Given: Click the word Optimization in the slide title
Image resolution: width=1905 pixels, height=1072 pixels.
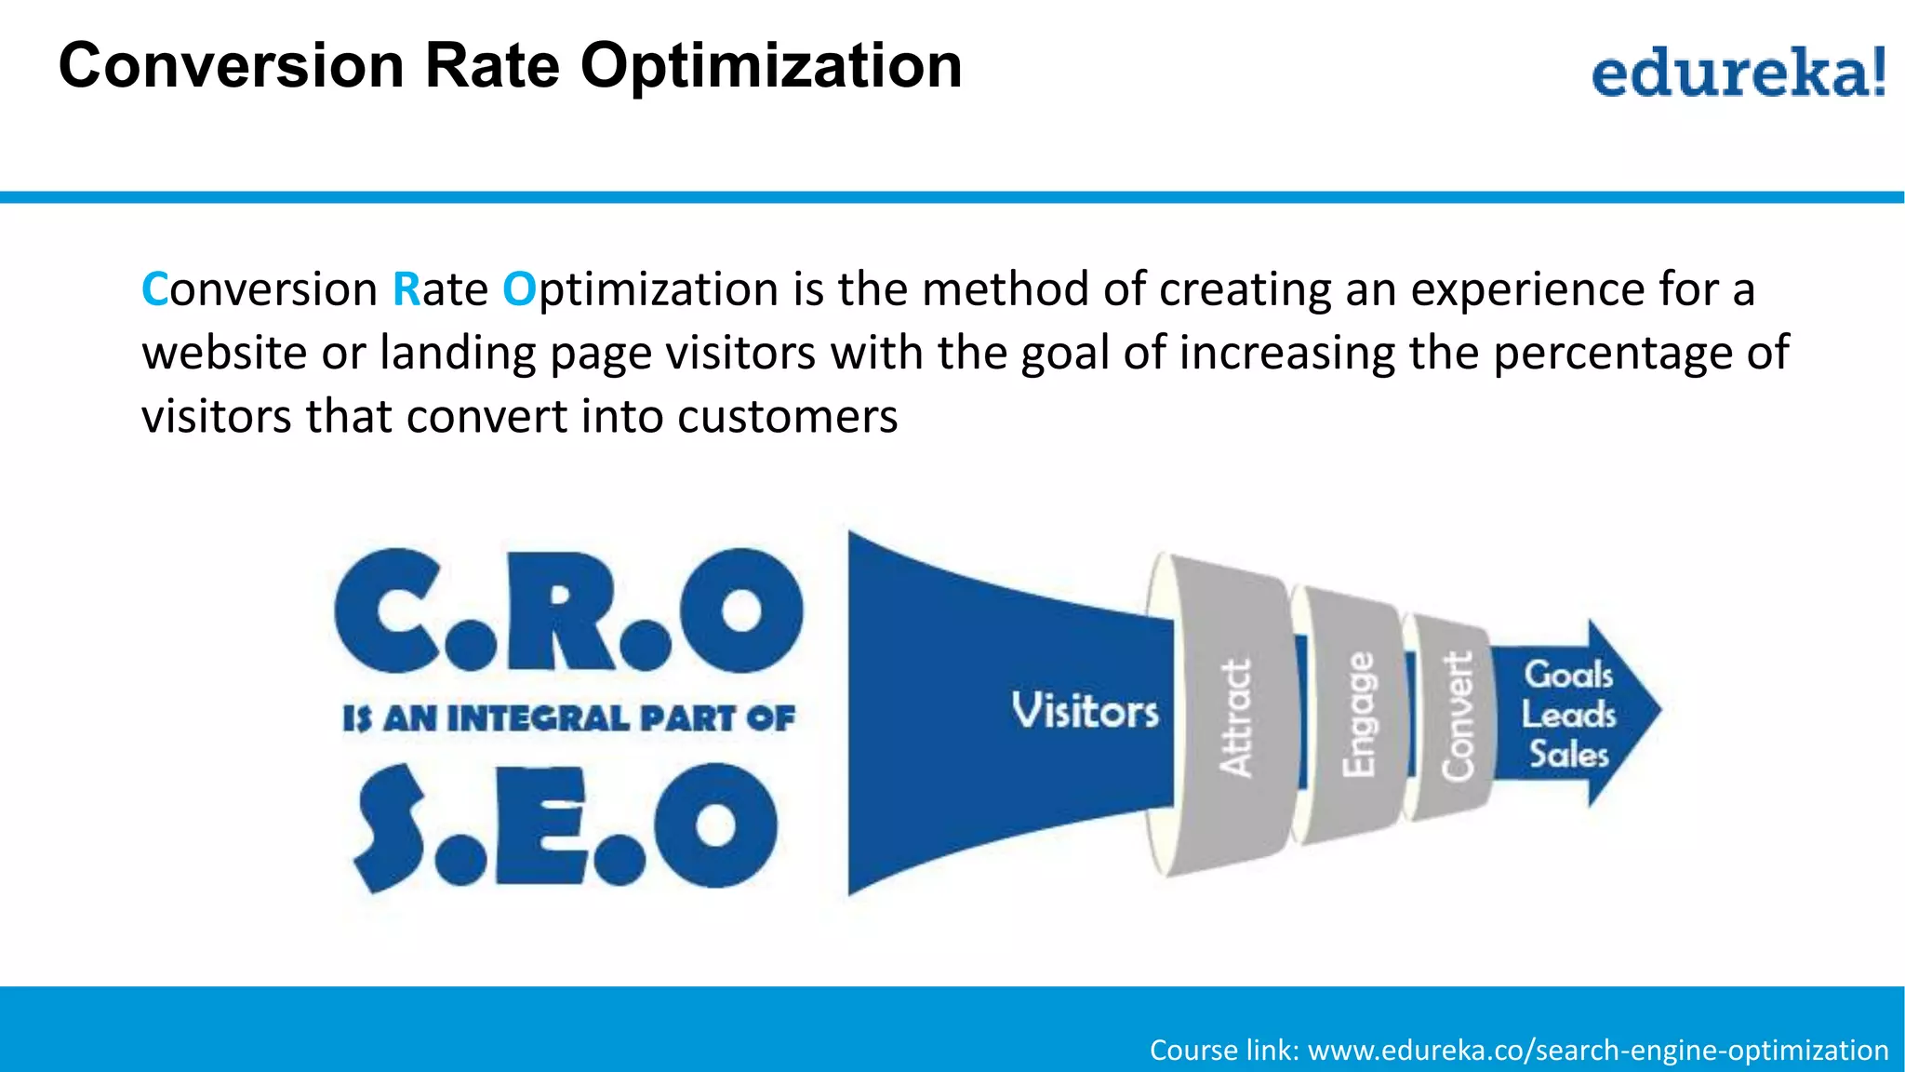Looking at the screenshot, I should pyautogui.click(x=771, y=66).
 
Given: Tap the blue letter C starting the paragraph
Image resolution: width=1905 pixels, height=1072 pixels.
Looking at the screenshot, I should pyautogui.click(x=153, y=289).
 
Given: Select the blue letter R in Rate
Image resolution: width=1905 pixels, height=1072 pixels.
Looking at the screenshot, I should pyautogui.click(x=406, y=289).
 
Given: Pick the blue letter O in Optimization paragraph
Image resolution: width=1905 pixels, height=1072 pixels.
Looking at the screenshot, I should pyautogui.click(x=519, y=289).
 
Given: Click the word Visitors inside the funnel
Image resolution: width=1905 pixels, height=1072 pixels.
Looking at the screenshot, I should pyautogui.click(x=1085, y=712).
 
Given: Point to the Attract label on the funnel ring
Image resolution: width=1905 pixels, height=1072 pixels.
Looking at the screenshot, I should pyautogui.click(x=1236, y=717).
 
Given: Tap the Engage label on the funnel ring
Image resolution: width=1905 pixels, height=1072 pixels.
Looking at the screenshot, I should pyautogui.click(x=1359, y=715).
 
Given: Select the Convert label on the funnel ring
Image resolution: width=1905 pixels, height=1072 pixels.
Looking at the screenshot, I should pyautogui.click(x=1458, y=716).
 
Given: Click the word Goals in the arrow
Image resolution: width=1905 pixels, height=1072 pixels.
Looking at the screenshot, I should pyautogui.click(x=1568, y=674).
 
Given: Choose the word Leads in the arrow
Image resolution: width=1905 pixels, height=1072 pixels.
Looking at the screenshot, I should pyautogui.click(x=1569, y=715).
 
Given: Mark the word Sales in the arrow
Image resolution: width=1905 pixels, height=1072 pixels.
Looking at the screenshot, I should pyautogui.click(x=1569, y=754).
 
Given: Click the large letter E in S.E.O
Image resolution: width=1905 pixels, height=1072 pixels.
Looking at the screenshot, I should pyautogui.click(x=540, y=826).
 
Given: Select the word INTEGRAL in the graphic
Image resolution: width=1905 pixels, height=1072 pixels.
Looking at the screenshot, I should pyautogui.click(x=539, y=718).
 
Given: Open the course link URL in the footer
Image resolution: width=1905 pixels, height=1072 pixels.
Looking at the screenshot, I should pyautogui.click(x=1597, y=1050).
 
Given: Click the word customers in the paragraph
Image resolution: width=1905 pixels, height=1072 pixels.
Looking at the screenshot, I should pyautogui.click(x=787, y=416).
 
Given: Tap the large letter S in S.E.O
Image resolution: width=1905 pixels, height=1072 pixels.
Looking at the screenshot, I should pyautogui.click(x=392, y=826).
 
